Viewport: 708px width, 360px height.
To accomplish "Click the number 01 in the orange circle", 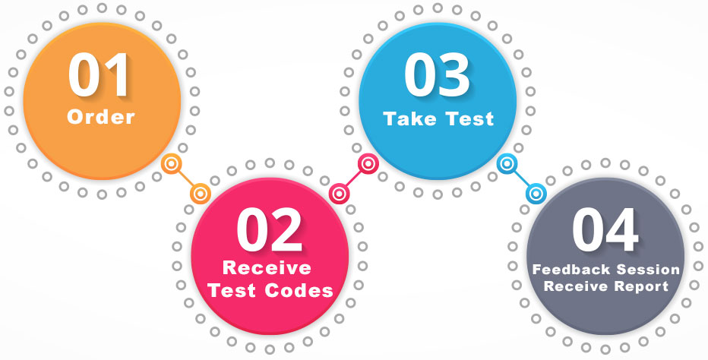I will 100,76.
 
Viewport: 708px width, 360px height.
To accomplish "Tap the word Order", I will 100,118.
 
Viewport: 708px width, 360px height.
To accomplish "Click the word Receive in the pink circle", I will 267,269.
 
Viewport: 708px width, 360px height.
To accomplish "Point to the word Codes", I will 304,290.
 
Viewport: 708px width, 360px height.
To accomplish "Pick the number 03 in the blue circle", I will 437,76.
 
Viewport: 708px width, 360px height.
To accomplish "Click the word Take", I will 409,119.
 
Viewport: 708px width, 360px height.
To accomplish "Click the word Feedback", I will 567,270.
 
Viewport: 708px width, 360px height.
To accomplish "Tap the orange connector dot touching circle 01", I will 172,163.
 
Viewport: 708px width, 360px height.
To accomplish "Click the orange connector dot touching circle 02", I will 200,194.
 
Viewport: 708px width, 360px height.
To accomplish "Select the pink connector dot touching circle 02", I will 338,194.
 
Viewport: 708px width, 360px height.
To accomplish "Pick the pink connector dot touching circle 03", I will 368,163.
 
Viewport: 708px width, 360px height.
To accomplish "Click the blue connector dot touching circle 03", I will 507,163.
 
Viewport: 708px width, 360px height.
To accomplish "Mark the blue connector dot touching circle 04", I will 536,194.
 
